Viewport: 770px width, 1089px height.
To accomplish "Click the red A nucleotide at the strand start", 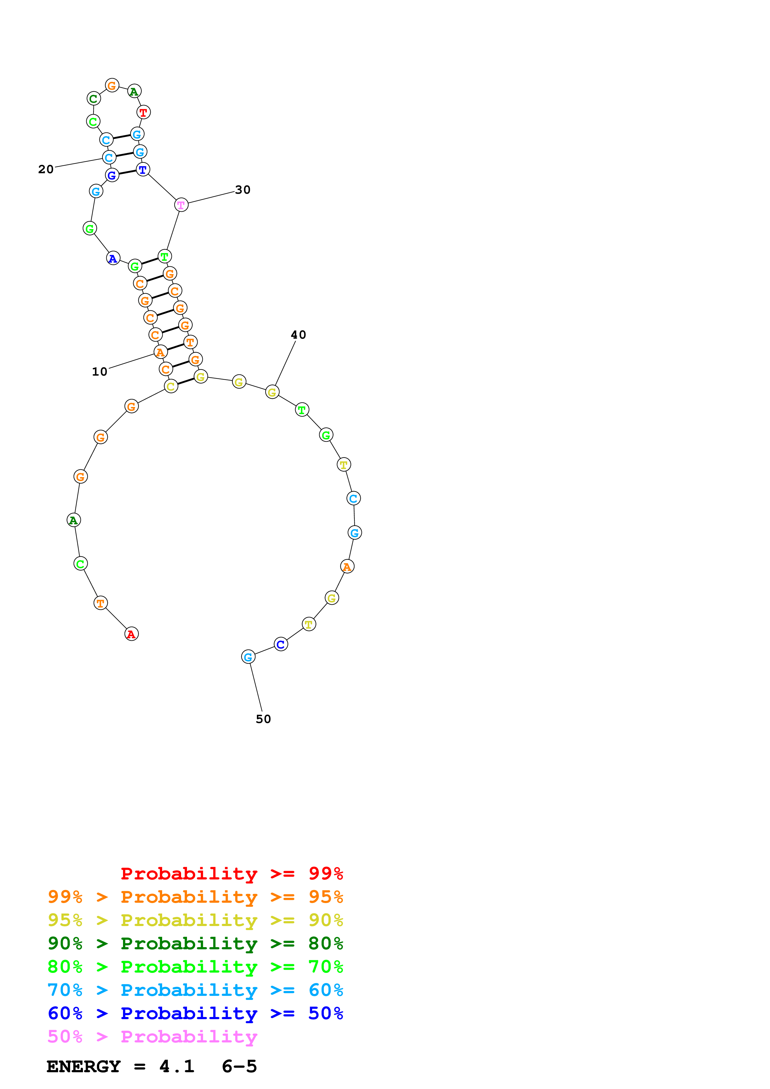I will click(131, 634).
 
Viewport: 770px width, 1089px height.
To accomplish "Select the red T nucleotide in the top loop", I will click(143, 112).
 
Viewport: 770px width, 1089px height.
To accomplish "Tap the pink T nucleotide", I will click(181, 205).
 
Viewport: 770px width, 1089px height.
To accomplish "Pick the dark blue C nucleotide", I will click(281, 644).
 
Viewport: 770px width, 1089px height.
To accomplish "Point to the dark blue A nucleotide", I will click(113, 259).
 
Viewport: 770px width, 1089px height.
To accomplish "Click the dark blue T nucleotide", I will click(143, 169).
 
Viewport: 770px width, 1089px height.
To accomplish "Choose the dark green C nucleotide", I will click(93, 99).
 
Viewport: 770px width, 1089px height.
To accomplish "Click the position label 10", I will click(100, 371).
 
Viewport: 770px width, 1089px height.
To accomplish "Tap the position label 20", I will click(46, 169).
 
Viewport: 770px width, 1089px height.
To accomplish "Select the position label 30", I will click(243, 190).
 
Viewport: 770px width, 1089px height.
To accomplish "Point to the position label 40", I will click(298, 335).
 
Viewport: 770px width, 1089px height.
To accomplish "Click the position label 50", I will click(263, 719).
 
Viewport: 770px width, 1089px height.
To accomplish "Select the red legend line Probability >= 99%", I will click(231, 873).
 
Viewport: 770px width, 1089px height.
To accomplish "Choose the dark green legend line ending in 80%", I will click(195, 943).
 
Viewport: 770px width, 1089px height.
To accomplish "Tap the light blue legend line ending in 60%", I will click(195, 990).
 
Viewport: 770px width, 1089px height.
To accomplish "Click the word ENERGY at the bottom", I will click(84, 1067).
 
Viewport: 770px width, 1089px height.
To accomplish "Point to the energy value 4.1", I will click(176, 1067).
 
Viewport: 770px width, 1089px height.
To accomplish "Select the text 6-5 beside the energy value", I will click(239, 1067).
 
